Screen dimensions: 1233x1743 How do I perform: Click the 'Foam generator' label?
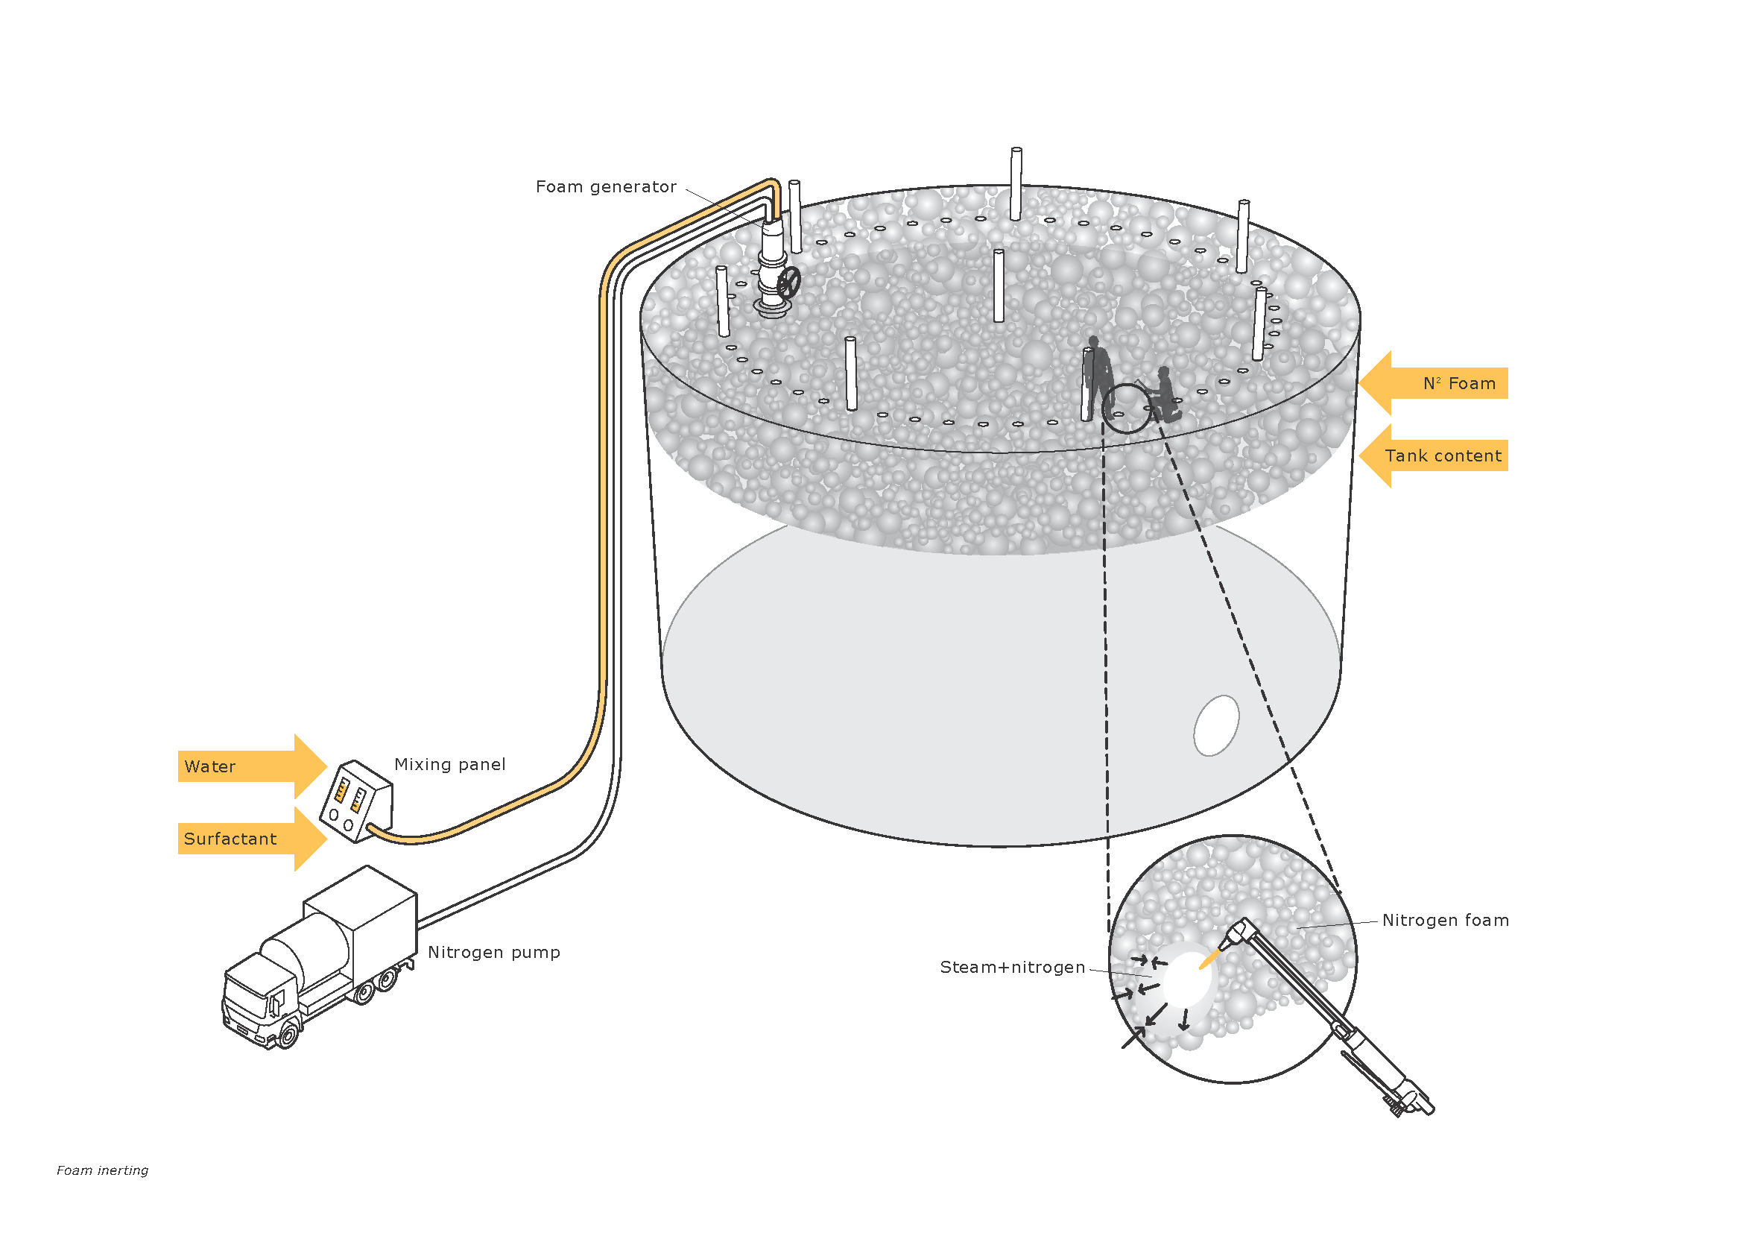pos(605,187)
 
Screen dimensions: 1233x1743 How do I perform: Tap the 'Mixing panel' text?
pos(449,765)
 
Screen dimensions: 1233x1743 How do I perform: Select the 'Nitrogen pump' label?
pos(493,952)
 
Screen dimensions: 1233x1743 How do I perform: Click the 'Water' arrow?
pos(250,766)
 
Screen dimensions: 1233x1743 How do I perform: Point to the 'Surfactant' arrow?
pos(250,839)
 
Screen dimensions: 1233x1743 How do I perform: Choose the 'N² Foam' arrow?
pos(1434,383)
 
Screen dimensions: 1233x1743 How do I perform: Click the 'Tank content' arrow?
pos(1434,456)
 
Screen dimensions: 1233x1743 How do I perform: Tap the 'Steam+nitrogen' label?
pos(1012,968)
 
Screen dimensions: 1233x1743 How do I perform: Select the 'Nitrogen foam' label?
pos(1445,920)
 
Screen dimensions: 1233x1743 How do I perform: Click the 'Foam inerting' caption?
pos(103,1170)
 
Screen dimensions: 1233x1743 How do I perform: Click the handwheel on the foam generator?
pos(789,283)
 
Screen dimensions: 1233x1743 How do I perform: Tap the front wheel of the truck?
pos(288,1033)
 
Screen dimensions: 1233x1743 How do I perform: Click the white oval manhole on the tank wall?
pos(1216,726)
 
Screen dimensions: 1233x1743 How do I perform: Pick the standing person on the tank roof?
pos(1098,376)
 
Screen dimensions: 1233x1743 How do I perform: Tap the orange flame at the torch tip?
pos(1208,959)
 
